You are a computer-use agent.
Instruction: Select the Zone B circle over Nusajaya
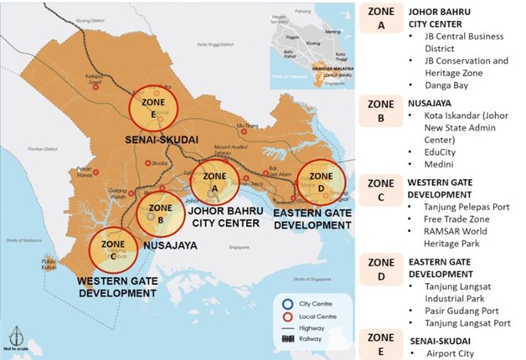[160, 214]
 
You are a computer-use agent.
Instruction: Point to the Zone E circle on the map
[154, 111]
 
